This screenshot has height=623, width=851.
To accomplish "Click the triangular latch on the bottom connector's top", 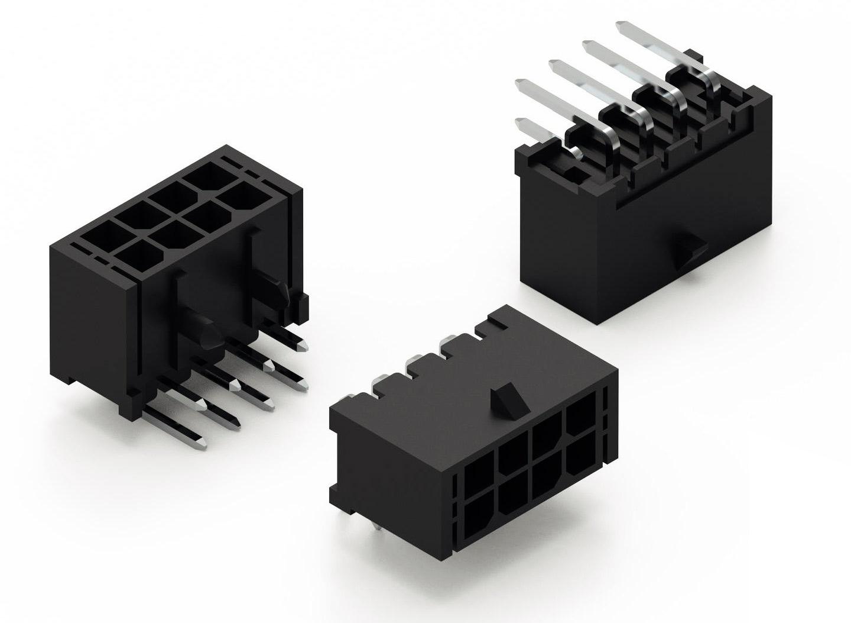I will click(x=508, y=399).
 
